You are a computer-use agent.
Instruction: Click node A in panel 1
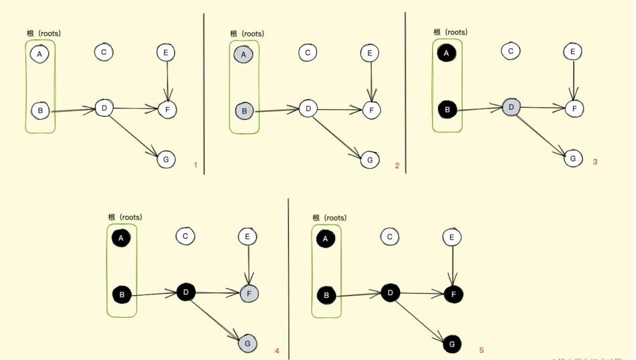40,54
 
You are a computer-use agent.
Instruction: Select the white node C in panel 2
308,53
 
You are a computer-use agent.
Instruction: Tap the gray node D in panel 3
512,106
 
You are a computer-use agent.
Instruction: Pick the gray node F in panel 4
249,293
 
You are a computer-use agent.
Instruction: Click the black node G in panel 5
453,345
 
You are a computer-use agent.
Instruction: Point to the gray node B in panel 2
245,110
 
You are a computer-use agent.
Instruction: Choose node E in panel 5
452,237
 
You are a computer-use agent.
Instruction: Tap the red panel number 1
195,165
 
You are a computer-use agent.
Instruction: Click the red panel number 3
595,161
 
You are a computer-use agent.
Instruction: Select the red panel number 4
276,351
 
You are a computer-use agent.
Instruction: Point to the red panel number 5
481,350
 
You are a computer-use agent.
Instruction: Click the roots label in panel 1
44,33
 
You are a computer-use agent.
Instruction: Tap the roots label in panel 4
125,217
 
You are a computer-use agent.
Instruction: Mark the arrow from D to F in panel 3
542,107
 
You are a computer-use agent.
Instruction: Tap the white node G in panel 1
166,159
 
